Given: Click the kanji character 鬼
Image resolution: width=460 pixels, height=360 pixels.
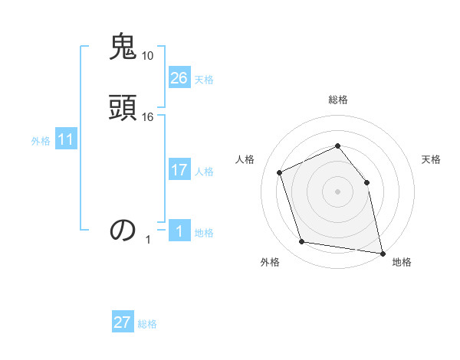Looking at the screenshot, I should pos(123,47).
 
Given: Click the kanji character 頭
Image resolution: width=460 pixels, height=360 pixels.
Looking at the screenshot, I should pos(123,107).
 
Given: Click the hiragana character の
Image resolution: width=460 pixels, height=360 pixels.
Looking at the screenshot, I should pos(123,230).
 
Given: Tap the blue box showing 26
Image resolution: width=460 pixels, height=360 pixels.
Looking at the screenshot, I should pos(179,78).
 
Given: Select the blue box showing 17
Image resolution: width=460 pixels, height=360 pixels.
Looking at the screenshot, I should pos(179,170).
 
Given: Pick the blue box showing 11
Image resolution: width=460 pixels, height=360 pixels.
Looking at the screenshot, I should pos(66,140).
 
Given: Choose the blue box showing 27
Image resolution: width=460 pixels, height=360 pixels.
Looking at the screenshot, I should pos(123,322).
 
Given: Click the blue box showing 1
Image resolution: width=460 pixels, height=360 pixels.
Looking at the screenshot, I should pos(179,231).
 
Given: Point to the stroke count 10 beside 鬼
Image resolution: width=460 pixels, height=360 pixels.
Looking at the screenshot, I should pos(148,56).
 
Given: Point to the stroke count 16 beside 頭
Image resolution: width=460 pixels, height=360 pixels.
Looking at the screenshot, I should pos(148,117).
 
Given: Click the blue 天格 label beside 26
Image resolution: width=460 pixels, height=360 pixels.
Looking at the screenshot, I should pos(204,80).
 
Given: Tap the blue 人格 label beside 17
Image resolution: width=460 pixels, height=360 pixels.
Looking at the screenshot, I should pos(204,172).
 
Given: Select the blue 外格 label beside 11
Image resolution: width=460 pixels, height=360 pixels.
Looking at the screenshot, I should pos(41,141).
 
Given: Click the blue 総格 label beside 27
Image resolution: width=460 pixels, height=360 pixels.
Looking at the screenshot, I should pos(147,324).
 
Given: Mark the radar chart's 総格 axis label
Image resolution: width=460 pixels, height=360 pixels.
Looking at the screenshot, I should pos(338,100).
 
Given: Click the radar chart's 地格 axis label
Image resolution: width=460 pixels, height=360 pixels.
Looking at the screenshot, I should pos(402,262).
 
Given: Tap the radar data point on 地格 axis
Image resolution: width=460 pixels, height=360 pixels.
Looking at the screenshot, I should pos(381,252).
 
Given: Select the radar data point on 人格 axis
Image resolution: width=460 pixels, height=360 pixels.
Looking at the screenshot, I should pos(279,172).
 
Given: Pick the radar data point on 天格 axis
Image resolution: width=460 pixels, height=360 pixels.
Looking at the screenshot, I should pos(366,182).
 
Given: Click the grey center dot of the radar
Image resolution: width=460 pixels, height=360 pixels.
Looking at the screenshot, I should pos(338,191).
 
